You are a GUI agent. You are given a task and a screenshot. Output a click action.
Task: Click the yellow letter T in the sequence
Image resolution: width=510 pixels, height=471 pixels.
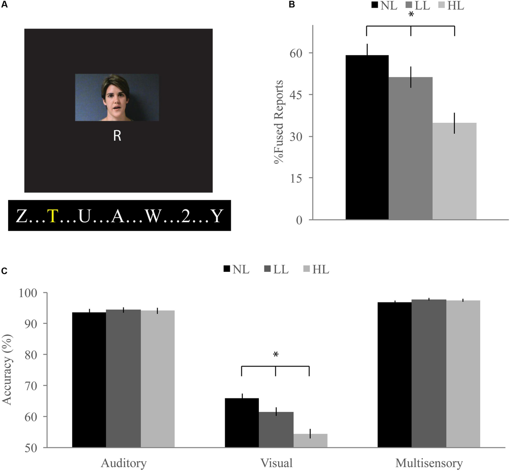coord(52,216)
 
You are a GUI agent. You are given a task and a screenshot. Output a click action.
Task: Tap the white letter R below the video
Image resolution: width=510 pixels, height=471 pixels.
coord(117,136)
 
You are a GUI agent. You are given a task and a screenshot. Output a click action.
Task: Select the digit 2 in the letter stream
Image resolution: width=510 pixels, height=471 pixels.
coord(186,216)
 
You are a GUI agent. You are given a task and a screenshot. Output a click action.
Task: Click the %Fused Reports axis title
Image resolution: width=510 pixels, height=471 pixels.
coord(279,122)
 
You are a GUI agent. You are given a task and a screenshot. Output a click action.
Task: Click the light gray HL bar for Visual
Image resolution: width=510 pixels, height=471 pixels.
coord(310,440)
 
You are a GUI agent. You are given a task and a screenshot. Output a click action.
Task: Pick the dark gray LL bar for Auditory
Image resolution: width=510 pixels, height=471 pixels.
coord(123,378)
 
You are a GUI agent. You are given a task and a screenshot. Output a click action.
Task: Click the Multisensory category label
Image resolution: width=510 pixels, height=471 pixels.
coord(429,463)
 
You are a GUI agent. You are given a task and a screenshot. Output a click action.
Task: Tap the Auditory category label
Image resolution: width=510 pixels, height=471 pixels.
coord(124,463)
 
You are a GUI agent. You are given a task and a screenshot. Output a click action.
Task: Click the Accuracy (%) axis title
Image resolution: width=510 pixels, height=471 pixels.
coord(7,369)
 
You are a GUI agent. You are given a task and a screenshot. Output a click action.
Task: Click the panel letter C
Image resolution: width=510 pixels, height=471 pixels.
coord(4,271)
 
